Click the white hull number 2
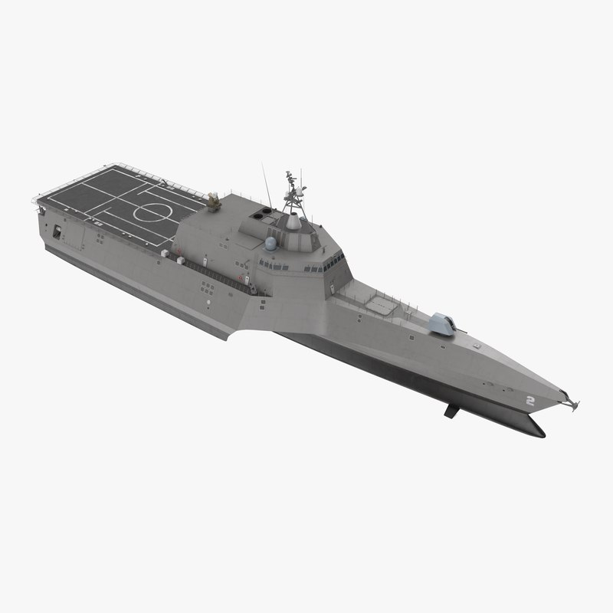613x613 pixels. tap(529, 400)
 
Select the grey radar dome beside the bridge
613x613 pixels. tap(270, 246)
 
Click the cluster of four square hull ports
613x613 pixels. tap(207, 288)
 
